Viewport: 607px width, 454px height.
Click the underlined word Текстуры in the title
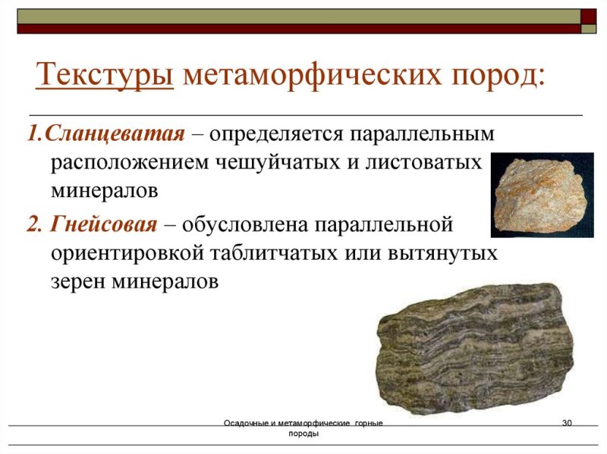pos(105,76)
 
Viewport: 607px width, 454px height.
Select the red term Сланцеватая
pos(115,133)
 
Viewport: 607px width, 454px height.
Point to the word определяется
pos(275,134)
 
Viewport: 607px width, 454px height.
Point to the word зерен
pos(77,281)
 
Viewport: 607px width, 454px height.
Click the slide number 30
pos(566,422)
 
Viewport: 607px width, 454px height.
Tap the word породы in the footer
pos(303,434)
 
